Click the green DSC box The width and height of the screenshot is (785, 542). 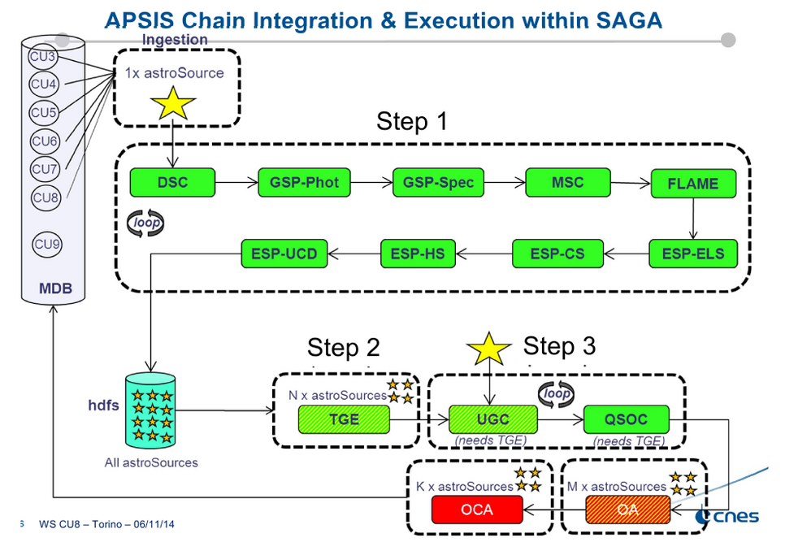click(172, 182)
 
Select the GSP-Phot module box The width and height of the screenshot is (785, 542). click(304, 182)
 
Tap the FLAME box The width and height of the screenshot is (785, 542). click(692, 184)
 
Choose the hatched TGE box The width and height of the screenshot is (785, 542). click(345, 420)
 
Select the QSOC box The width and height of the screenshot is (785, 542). click(627, 420)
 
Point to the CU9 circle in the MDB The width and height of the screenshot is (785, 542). click(46, 244)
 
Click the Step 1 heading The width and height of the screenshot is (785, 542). click(412, 122)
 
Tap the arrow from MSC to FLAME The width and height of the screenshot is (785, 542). click(630, 183)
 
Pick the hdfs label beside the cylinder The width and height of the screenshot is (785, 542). click(103, 403)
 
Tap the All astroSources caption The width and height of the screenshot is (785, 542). click(151, 462)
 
